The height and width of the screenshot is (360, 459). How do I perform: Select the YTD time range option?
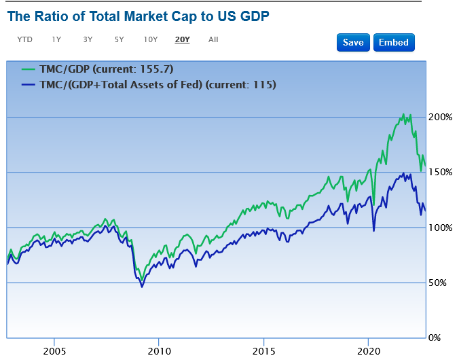[24, 39]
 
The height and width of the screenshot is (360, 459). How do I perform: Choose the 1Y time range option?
[56, 39]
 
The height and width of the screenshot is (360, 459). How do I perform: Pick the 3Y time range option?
[88, 39]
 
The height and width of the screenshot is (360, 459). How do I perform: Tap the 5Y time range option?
[119, 39]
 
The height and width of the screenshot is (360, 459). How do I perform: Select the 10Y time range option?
[151, 39]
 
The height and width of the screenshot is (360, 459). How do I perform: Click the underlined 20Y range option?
[182, 39]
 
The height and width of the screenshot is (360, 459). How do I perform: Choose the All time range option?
[213, 39]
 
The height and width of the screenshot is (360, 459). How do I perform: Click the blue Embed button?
[393, 42]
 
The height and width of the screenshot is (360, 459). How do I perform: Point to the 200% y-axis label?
[440, 118]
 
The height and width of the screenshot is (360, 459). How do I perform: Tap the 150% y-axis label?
[440, 173]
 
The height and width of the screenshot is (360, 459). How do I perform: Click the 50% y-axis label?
[440, 283]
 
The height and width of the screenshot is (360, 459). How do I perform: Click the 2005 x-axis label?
[54, 350]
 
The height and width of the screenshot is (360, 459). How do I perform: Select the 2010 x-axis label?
[158, 350]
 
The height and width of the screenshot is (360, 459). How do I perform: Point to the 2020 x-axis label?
[367, 350]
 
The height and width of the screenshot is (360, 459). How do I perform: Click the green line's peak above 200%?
[403, 115]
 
